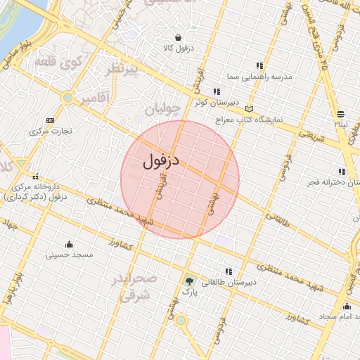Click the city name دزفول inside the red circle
click(x=162, y=161)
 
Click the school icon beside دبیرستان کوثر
click(x=217, y=91)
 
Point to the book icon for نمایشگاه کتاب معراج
click(x=249, y=110)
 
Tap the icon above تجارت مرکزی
click(x=49, y=120)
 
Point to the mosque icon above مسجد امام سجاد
click(x=347, y=306)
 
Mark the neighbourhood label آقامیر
click(x=96, y=98)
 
